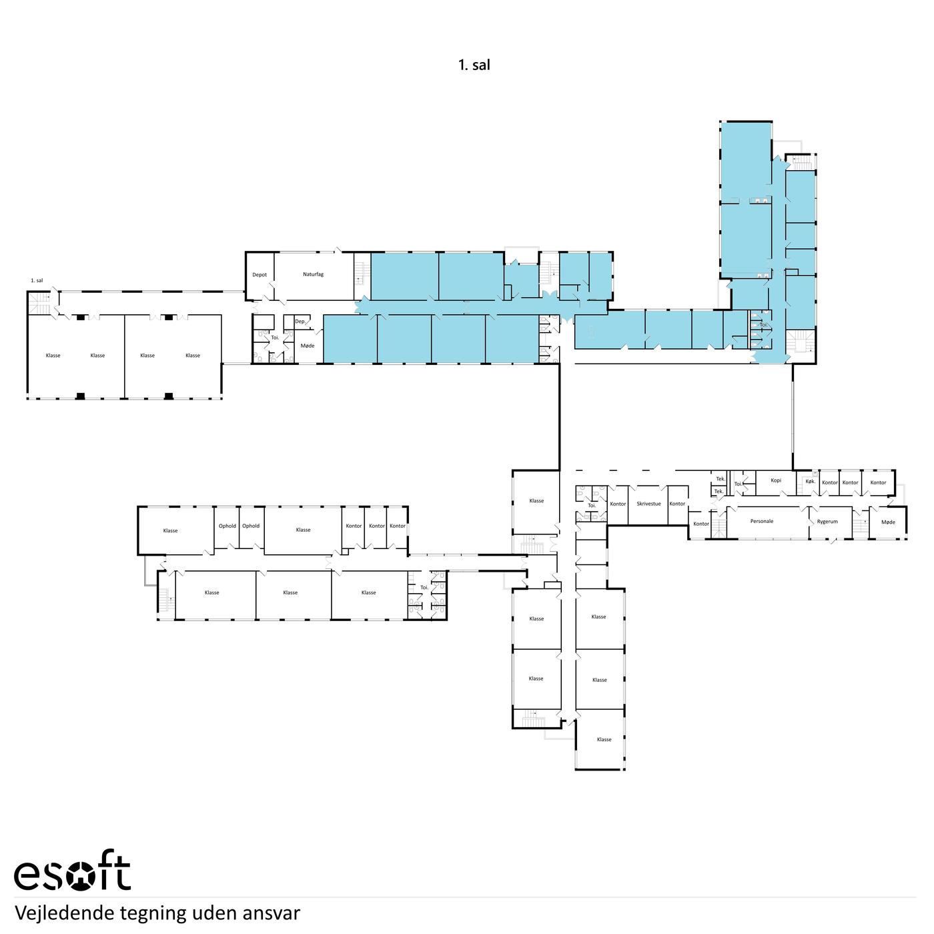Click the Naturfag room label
[x=313, y=274]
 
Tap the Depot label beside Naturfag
[x=260, y=275]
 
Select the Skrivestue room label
[x=648, y=504]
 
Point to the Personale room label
[x=761, y=521]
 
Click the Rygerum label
[x=827, y=522]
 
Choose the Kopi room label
[x=775, y=480]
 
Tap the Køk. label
[x=810, y=482]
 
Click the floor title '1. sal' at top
[x=474, y=65]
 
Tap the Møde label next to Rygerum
[x=887, y=522]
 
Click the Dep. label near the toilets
[x=300, y=322]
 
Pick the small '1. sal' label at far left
[x=37, y=280]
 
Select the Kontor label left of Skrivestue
[x=618, y=504]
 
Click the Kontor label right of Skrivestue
[x=676, y=504]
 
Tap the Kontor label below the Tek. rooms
[x=701, y=524]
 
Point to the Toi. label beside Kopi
[x=738, y=484]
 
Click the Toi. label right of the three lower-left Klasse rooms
[x=424, y=588]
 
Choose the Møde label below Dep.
[x=308, y=346]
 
